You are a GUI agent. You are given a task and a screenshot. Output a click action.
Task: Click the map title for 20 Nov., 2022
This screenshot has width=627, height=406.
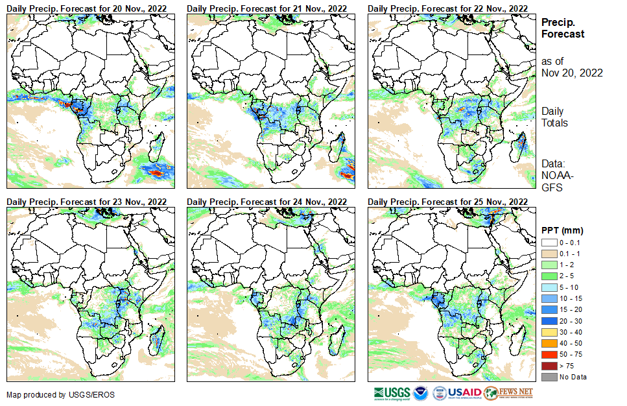pos(87,8)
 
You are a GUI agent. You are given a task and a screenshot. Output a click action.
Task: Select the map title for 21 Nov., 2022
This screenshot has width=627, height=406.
pos(267,8)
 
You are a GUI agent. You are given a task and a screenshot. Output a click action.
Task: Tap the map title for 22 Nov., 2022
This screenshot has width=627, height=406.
pos(447,8)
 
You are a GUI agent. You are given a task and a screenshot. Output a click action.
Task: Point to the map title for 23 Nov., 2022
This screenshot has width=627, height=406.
pos(87,202)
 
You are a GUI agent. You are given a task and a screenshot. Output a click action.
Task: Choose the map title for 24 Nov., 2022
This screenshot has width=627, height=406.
pos(267,202)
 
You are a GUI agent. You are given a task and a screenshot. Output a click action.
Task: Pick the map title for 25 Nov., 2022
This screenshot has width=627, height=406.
pos(447,202)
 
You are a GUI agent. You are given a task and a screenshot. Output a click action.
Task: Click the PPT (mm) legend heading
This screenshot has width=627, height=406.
pos(562,230)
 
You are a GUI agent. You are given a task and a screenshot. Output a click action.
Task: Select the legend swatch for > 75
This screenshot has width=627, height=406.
pos(549,366)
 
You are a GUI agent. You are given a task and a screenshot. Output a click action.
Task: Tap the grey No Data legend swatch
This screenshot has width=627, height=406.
pos(549,377)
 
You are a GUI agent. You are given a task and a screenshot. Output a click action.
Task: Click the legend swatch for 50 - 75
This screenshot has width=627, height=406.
pos(549,355)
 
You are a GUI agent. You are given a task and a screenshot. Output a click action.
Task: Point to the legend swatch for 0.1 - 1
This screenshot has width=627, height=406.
pos(549,254)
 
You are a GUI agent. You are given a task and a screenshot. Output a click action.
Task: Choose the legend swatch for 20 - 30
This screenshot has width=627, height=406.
pos(549,321)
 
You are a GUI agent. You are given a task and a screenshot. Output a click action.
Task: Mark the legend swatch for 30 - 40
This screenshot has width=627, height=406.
pos(549,332)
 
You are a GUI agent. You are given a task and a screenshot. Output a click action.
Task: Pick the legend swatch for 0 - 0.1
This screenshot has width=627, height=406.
pos(549,243)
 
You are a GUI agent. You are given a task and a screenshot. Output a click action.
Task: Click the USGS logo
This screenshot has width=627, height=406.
pos(392,393)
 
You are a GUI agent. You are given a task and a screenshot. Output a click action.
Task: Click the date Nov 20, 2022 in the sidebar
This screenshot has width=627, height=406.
pos(572,73)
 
